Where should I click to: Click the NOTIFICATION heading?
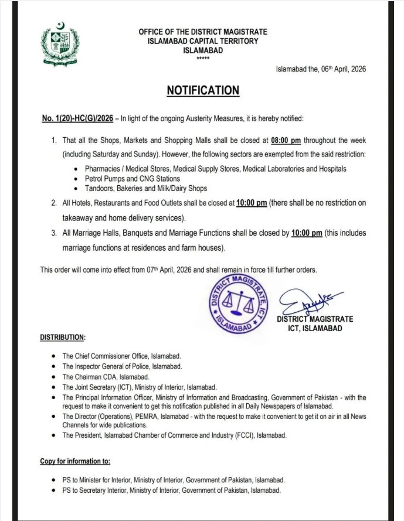click(x=203, y=90)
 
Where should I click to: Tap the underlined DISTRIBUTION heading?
click(x=62, y=338)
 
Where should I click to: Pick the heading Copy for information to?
click(x=75, y=462)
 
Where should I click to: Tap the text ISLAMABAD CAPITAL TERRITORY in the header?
click(x=202, y=41)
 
